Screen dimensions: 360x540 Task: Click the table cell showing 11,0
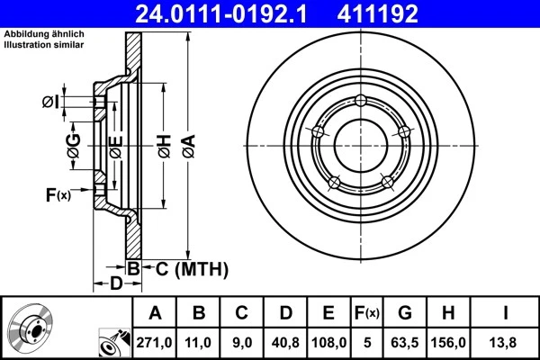click(x=199, y=343)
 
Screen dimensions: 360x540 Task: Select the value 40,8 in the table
click(x=285, y=343)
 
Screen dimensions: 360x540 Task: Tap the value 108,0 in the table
click(x=329, y=343)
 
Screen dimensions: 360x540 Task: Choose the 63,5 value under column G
click(x=405, y=343)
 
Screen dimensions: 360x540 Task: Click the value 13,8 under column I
click(x=505, y=343)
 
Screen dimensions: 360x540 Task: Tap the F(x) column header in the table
click(x=367, y=314)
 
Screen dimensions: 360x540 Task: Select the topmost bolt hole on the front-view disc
click(x=360, y=101)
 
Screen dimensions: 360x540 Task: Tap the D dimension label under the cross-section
click(x=115, y=284)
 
